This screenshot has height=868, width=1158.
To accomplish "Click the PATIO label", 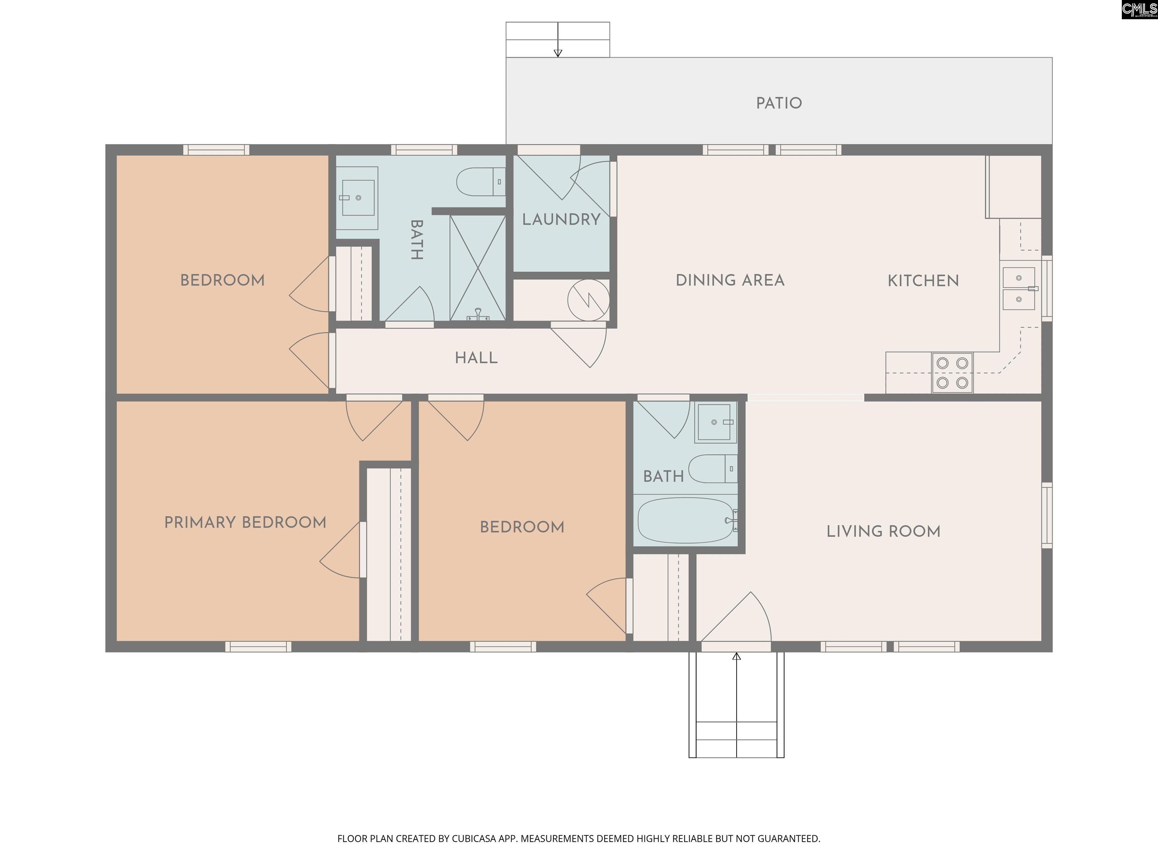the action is coord(778,103).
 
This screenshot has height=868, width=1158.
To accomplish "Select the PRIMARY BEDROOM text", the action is coord(245,522).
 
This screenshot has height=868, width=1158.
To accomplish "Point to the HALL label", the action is coord(476,358).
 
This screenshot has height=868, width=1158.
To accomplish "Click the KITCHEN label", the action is coord(923,281).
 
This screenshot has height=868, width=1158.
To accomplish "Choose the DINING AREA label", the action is coord(730,280).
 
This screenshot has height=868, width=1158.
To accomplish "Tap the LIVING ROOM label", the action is coord(883,532).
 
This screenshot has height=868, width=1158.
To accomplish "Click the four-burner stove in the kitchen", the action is coord(952,373).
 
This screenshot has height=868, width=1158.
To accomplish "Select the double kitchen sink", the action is coord(1019,288).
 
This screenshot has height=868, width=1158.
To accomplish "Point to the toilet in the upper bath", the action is coord(480,182).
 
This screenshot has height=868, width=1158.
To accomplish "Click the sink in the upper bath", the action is coord(358,198).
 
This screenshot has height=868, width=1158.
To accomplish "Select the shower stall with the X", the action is coord(478,268).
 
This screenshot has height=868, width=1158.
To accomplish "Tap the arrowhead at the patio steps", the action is coord(558,53).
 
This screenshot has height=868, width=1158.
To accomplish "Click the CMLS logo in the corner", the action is coord(1139,9).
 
